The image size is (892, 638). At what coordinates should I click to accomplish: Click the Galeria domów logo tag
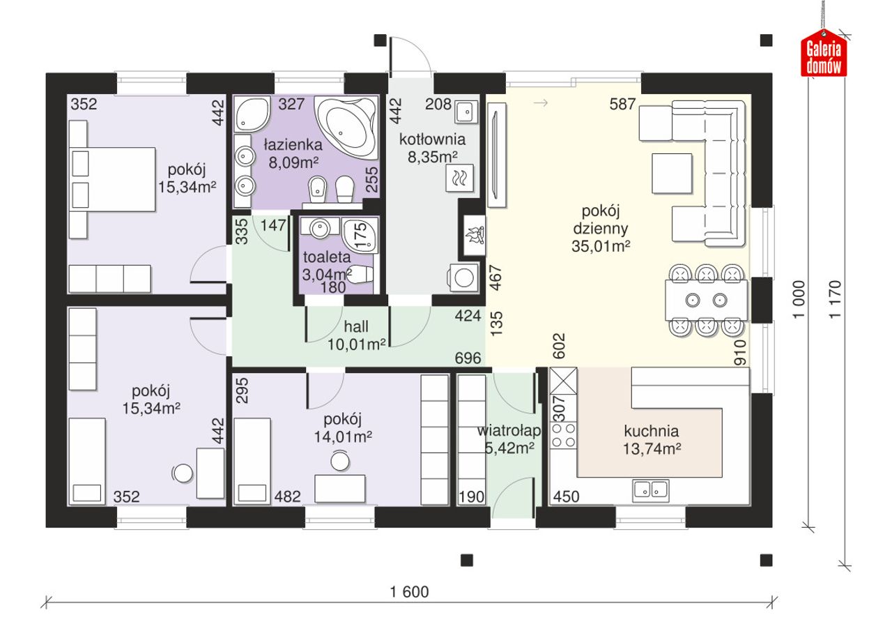click(824, 54)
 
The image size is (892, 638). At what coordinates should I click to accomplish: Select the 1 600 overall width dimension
click(409, 592)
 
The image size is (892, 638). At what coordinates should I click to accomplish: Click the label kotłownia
click(432, 139)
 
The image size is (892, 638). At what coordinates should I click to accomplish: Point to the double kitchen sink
click(651, 489)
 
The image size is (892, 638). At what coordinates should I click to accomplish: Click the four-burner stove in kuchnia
click(564, 435)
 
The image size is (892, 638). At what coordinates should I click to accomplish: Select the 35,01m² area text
click(601, 246)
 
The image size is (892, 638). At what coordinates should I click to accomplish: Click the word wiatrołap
click(509, 431)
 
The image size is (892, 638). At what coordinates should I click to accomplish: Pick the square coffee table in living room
click(672, 174)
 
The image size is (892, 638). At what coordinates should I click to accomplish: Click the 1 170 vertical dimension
click(836, 299)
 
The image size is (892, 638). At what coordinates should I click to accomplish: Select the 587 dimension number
click(622, 104)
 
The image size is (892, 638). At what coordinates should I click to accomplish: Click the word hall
click(355, 327)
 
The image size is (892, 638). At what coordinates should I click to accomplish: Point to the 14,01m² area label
click(343, 437)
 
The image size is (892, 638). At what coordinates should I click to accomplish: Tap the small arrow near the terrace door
click(540, 102)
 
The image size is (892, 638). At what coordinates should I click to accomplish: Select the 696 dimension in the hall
click(468, 358)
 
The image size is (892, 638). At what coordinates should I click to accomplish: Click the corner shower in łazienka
click(252, 114)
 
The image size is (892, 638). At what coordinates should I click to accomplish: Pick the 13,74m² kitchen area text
click(652, 449)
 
